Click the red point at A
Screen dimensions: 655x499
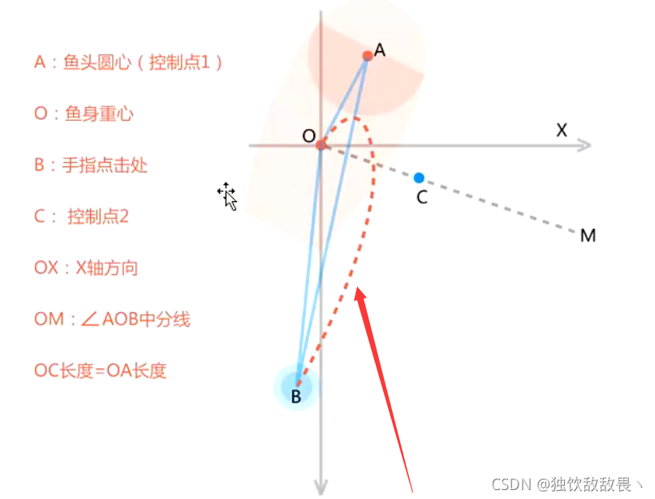368,55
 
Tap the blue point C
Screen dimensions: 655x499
419,178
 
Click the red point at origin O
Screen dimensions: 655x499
321,144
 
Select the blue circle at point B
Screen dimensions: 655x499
296,385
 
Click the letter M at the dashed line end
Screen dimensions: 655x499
588,236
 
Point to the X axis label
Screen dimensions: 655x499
562,130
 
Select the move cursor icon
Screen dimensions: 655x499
226,195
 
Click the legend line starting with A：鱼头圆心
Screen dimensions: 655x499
128,62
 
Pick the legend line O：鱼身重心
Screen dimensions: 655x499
84,114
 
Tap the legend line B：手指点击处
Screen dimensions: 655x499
91,166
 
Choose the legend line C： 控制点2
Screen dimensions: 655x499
81,217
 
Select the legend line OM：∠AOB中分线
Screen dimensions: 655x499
112,320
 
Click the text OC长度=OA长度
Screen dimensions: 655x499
100,371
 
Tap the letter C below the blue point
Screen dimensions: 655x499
421,197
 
